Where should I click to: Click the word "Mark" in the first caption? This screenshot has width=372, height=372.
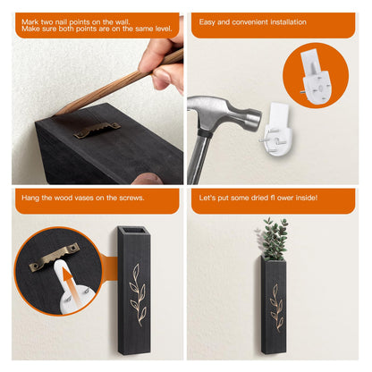tap(29, 22)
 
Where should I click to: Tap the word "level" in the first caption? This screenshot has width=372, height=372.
tap(164, 29)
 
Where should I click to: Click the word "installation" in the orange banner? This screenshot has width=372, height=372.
tap(288, 22)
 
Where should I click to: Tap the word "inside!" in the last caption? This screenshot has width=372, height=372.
tap(307, 198)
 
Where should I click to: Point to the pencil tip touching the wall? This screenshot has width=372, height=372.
tap(56, 114)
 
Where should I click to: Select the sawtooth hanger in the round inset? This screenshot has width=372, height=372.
tap(55, 257)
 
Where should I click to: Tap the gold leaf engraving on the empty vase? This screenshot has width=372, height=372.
tap(138, 295)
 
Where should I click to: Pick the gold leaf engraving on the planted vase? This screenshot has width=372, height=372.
tap(276, 308)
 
